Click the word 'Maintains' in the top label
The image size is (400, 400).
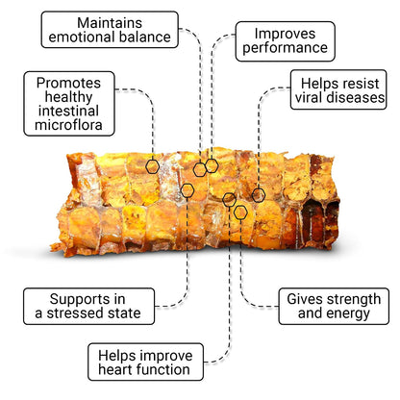tap(110, 23)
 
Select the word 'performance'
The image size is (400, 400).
tap(286, 48)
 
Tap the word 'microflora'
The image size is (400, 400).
tap(68, 125)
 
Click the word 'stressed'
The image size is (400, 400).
tap(93, 313)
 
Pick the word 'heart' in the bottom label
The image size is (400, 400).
tap(114, 369)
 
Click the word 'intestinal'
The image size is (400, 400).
tap(68, 111)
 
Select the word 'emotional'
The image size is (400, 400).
tap(80, 37)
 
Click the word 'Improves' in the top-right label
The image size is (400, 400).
tap(285, 34)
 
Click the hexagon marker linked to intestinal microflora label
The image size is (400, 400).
tap(152, 166)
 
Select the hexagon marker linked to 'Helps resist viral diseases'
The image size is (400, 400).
tap(259, 195)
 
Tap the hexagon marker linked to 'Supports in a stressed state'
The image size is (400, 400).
tap(187, 190)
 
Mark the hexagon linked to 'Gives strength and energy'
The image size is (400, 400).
tap(240, 212)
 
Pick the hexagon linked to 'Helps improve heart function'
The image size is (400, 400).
tap(229, 200)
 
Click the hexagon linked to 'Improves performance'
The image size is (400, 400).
tap(212, 165)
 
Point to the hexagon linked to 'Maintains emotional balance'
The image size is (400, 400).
tap(200, 169)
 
